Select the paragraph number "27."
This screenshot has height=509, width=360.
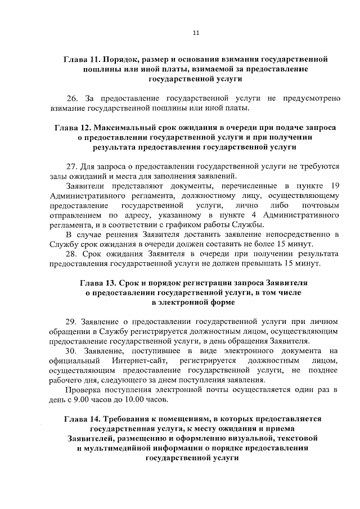click(x=72, y=167)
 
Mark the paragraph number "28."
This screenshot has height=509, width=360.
click(x=72, y=254)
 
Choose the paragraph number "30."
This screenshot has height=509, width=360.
click(x=72, y=351)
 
